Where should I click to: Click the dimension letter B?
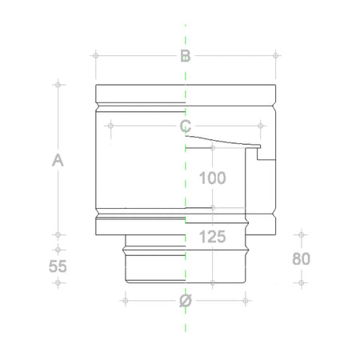coord(185,56)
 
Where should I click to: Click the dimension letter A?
coord(58,160)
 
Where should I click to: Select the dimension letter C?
coord(185,126)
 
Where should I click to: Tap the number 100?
coord(211,178)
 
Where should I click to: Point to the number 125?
coord(211,237)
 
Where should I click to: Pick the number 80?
coord(301,259)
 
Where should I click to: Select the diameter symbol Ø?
coord(185,301)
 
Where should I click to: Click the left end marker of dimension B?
coord(95,55)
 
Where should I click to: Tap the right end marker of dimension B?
coord(276,55)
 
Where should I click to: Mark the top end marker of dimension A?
coord(58,83)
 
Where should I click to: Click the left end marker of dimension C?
coord(110,125)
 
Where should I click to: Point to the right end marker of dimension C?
coord(260,125)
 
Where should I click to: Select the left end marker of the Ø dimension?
coord(125,301)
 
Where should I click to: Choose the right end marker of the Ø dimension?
coord(244,301)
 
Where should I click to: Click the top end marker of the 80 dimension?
coord(301,234)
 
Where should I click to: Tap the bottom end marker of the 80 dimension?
coord(301,282)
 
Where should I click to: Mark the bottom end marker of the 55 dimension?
coord(58,282)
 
